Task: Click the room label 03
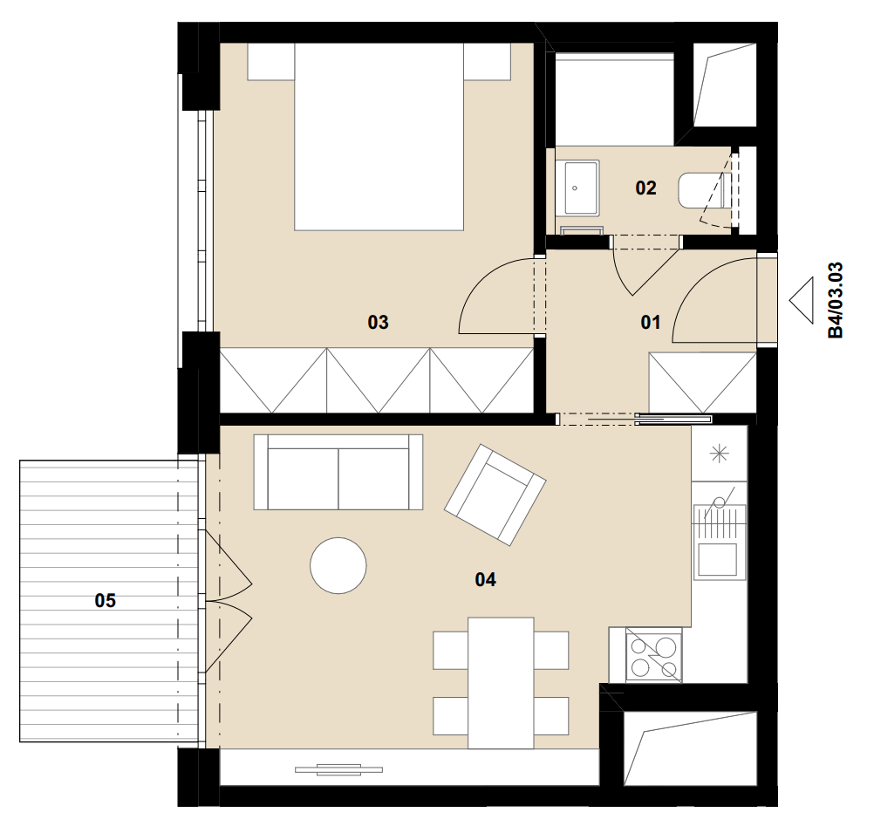point(378,322)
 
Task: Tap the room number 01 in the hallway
point(651,322)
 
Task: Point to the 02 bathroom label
point(645,188)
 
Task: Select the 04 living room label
point(485,580)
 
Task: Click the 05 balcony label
point(106,600)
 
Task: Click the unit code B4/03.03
point(836,301)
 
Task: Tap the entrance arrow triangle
point(801,301)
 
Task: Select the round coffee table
point(338,565)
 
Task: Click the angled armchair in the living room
point(495,495)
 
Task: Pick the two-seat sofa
point(338,472)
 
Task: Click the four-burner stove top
point(653,654)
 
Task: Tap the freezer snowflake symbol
point(719,454)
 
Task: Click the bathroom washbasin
point(582,188)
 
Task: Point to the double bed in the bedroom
point(379,137)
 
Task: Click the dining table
point(501,683)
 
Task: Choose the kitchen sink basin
point(720,560)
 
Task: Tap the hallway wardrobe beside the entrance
point(703,383)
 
